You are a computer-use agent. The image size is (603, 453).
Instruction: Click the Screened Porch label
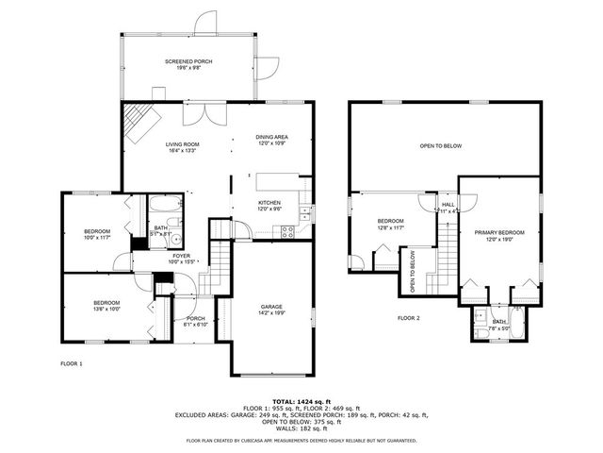click(x=188, y=64)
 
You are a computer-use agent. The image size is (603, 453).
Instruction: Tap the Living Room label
click(x=183, y=147)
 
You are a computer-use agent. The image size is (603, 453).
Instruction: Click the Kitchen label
click(x=269, y=206)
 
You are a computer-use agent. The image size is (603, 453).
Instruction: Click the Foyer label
click(x=181, y=258)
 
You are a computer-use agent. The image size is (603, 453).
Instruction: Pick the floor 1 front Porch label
click(x=195, y=321)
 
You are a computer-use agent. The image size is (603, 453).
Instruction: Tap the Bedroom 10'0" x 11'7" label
click(x=96, y=235)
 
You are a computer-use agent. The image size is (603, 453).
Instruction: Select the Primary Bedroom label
click(x=499, y=235)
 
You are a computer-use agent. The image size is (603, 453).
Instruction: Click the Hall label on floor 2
click(x=448, y=208)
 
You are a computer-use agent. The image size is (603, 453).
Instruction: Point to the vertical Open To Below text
click(x=413, y=271)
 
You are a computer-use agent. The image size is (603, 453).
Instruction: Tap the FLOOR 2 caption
click(x=408, y=318)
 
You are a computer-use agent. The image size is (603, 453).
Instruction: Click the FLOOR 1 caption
click(x=72, y=363)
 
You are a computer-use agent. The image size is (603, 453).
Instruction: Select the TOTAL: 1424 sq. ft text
click(x=301, y=401)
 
